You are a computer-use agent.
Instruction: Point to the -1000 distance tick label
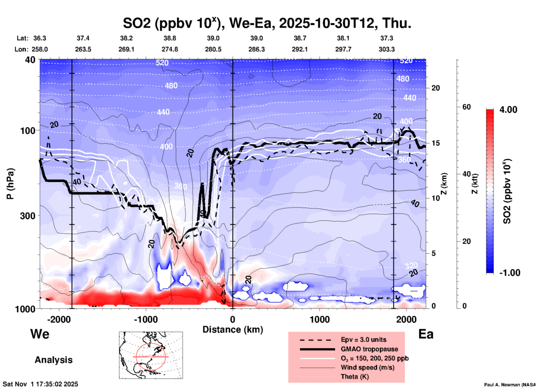tap(146, 319)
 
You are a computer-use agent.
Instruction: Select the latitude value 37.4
tap(83, 38)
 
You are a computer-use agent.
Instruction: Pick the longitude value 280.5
tap(213, 49)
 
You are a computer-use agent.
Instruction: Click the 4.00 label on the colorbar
tap(508, 110)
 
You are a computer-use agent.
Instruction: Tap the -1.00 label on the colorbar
tap(509, 273)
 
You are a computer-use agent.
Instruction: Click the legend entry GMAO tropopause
tap(369, 349)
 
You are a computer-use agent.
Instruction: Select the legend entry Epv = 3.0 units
tap(363, 340)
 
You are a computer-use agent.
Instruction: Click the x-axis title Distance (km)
tap(233, 330)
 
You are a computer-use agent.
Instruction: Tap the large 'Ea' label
tap(426, 334)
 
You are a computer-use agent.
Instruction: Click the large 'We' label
tap(40, 334)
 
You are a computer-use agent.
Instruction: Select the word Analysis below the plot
tap(53, 360)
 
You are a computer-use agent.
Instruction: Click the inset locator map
tap(151, 355)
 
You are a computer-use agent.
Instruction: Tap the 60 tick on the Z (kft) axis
tap(466, 107)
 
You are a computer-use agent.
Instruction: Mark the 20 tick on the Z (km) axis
tap(436, 88)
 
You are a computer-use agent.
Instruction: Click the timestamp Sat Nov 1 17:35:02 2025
tap(41, 384)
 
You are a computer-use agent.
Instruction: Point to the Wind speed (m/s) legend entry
tap(367, 367)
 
